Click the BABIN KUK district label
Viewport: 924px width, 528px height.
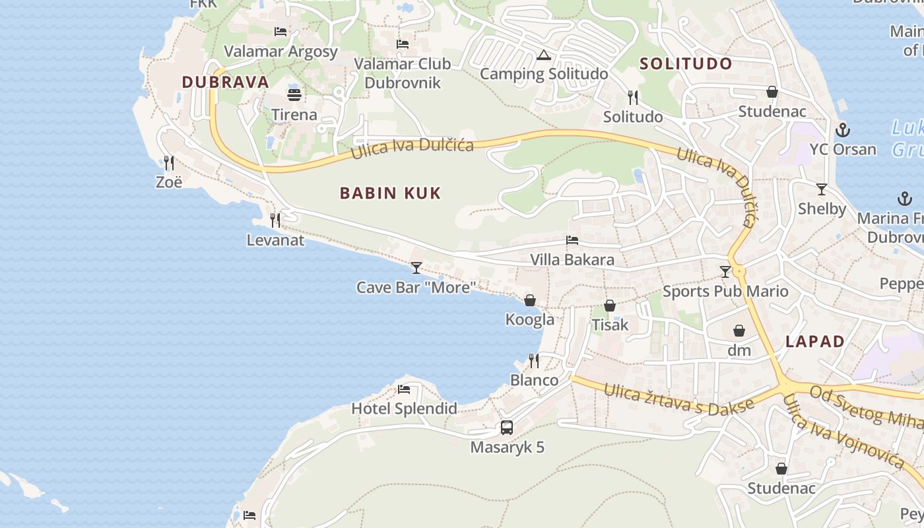pyautogui.click(x=390, y=193)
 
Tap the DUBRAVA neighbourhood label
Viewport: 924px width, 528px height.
pyautogui.click(x=226, y=82)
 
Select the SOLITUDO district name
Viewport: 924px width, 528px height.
pyautogui.click(x=686, y=64)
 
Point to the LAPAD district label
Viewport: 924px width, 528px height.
pyautogui.click(x=815, y=341)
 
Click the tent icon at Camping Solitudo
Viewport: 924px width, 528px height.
pyautogui.click(x=543, y=55)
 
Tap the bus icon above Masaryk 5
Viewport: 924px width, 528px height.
pyautogui.click(x=507, y=427)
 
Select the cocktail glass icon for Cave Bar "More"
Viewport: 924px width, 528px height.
pyautogui.click(x=416, y=267)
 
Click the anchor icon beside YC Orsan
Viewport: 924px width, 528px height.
pyautogui.click(x=842, y=129)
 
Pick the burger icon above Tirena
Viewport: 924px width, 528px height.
pyautogui.click(x=294, y=94)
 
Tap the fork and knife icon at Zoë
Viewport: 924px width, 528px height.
pyautogui.click(x=169, y=162)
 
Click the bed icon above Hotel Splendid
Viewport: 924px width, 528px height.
pyautogui.click(x=404, y=389)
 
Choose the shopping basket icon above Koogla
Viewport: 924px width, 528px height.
pyautogui.click(x=530, y=300)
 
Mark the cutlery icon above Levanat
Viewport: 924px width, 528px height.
pyautogui.click(x=275, y=220)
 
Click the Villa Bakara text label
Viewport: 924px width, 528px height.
pyautogui.click(x=572, y=259)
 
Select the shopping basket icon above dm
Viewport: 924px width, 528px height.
pyautogui.click(x=739, y=331)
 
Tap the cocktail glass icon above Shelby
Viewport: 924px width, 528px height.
pyautogui.click(x=822, y=189)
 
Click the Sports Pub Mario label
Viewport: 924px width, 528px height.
pyautogui.click(x=725, y=291)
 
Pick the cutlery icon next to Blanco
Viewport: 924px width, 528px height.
pyautogui.click(x=534, y=360)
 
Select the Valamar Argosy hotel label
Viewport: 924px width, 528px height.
pyautogui.click(x=281, y=51)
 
